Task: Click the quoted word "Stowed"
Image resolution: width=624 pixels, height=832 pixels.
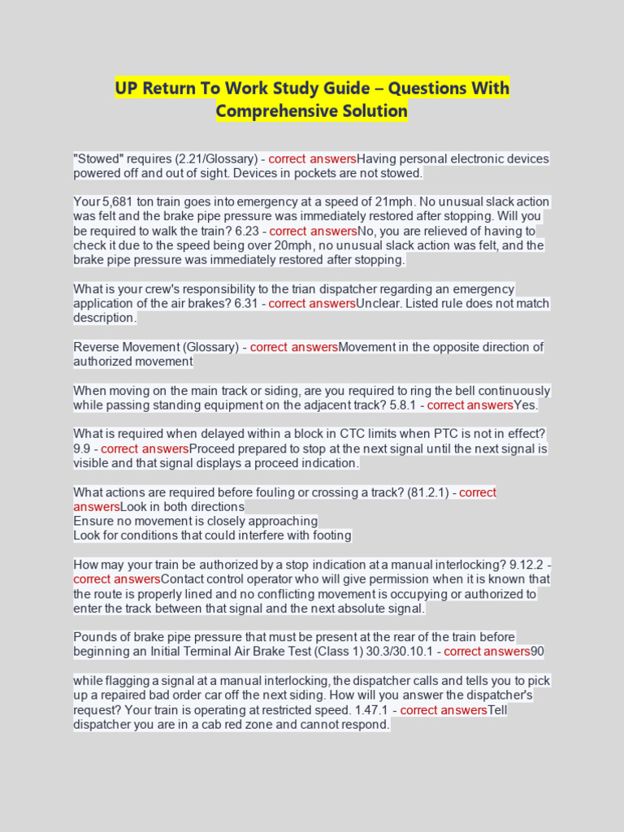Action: (100, 159)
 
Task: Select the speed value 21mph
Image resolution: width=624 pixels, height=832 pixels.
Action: (410, 201)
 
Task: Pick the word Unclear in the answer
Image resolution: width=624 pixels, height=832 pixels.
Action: (379, 304)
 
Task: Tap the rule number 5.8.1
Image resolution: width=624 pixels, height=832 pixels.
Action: (405, 405)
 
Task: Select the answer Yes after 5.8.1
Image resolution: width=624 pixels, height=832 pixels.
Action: (526, 405)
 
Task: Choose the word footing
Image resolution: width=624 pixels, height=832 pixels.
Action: (332, 535)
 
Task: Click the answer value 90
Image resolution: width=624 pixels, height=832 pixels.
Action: (537, 652)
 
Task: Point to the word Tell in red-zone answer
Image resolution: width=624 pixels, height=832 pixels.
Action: (497, 710)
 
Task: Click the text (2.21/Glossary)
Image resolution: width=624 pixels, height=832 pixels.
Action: (198, 159)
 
